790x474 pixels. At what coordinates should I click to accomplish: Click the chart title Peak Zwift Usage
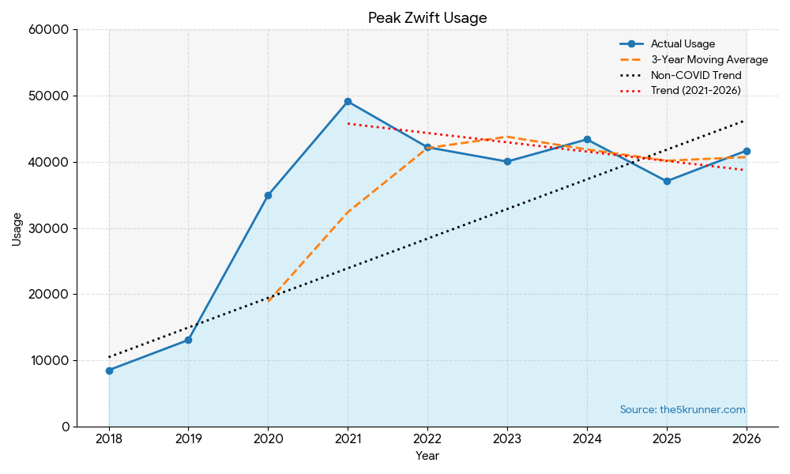coord(427,17)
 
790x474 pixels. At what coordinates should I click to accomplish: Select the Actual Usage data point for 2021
coord(348,101)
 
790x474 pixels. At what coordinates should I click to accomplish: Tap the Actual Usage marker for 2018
coord(109,371)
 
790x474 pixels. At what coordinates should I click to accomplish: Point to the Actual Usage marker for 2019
coord(188,340)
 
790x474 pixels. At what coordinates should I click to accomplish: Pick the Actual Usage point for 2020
coord(268,195)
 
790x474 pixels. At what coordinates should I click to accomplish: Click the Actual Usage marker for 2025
coord(667,181)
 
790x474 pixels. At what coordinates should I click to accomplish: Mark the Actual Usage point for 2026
coord(747,151)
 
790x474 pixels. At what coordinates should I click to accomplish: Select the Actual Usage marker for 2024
coord(587,139)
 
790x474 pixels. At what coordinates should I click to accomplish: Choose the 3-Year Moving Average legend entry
coord(709,60)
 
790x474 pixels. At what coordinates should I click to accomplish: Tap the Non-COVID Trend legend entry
coord(695,76)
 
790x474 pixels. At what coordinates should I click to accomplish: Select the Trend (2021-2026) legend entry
coord(695,91)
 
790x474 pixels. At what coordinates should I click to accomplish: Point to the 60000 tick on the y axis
coord(49,30)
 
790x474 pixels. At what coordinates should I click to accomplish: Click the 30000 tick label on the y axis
coord(49,228)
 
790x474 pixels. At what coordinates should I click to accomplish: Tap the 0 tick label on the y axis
coord(65,427)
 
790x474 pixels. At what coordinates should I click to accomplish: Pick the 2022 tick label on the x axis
coord(427,439)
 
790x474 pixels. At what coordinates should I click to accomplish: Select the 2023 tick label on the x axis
coord(507,439)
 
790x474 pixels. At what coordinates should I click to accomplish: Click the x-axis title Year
coord(427,456)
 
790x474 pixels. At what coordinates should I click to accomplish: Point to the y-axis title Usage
coord(17,228)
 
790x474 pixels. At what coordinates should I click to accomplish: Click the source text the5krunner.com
coord(683,410)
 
